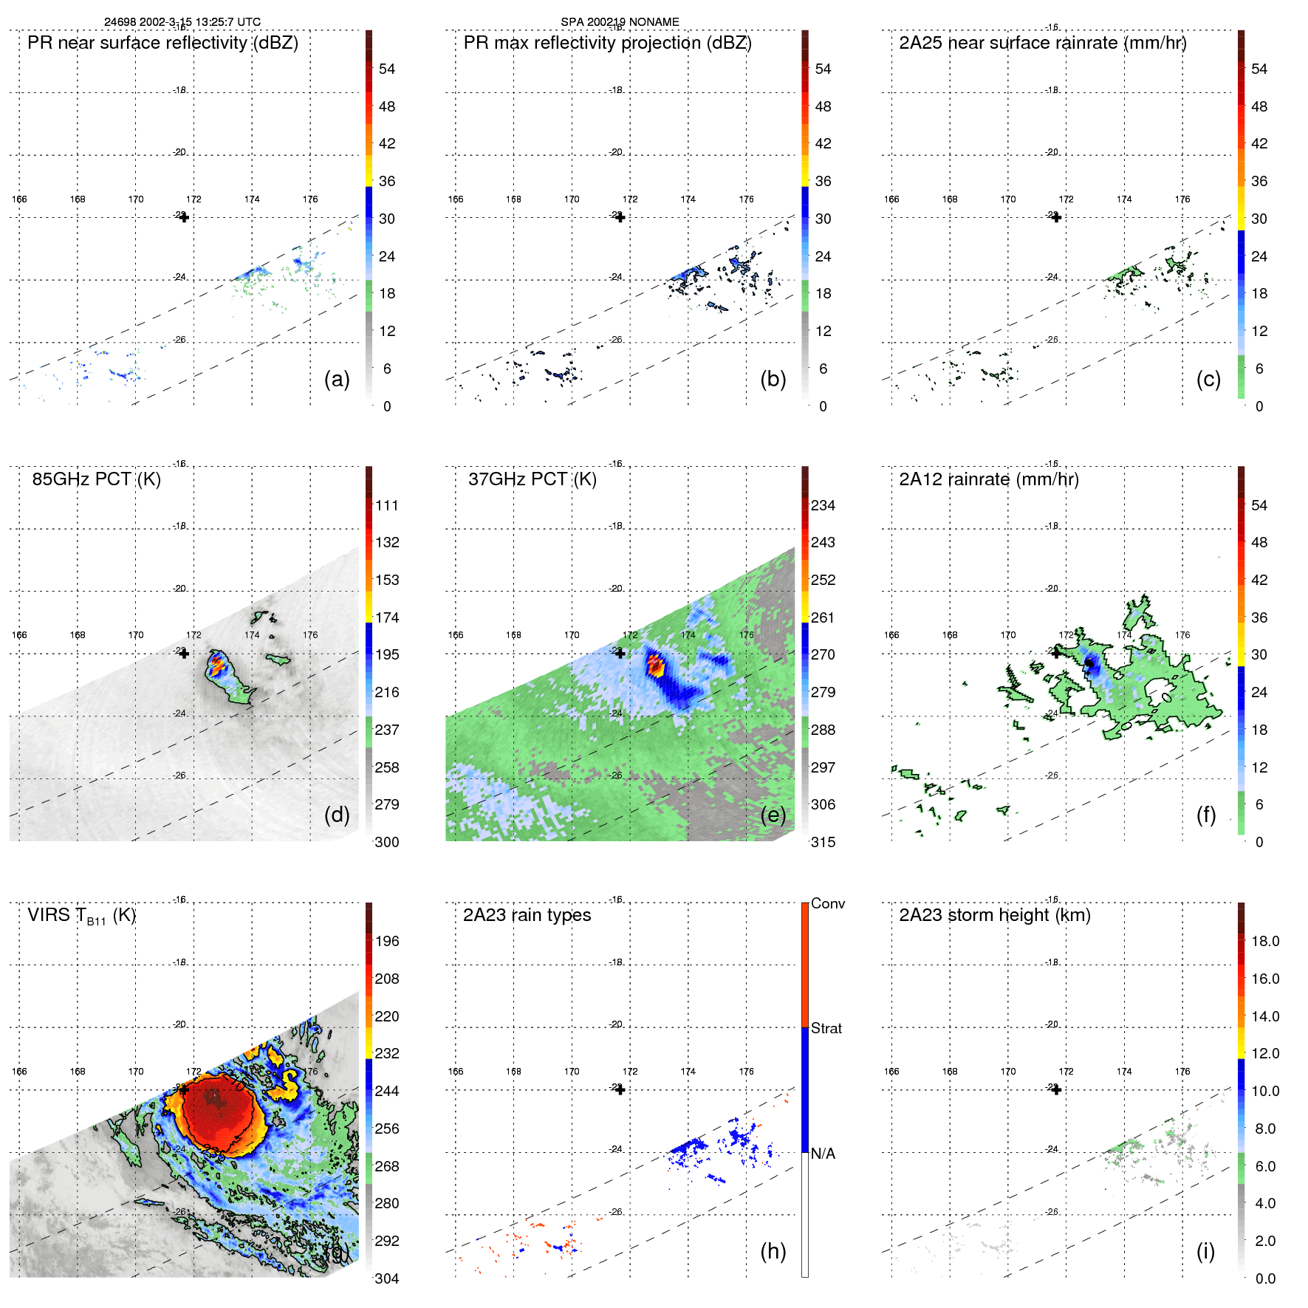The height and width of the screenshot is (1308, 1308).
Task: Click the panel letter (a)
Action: (337, 380)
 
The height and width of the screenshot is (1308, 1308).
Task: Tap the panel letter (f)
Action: (1206, 815)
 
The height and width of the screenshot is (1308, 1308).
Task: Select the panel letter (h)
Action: (773, 1250)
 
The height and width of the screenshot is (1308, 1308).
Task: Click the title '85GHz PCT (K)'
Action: (96, 479)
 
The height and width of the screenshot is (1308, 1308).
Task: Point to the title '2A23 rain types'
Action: (527, 915)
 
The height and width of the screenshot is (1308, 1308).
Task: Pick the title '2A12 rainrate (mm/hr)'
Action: (988, 479)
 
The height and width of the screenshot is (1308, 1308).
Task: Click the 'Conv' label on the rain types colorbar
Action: (827, 903)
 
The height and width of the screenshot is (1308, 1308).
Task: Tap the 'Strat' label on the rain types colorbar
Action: (826, 1028)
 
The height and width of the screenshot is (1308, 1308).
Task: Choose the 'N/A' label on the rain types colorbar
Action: (823, 1154)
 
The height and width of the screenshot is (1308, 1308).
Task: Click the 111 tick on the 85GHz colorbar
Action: (387, 505)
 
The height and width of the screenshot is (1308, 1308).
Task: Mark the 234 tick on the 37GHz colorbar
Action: (823, 505)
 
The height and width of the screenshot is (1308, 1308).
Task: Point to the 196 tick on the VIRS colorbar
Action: (387, 941)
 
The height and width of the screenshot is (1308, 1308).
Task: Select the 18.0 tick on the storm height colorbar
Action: (1264, 941)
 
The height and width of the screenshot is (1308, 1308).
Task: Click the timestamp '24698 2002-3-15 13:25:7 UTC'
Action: (182, 22)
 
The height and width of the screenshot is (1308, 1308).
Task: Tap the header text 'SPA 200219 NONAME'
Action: (620, 22)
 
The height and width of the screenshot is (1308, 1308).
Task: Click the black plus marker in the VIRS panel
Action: (184, 1089)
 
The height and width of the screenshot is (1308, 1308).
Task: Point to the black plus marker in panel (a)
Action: (184, 217)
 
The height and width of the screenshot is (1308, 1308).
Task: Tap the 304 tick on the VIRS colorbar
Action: (387, 1278)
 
